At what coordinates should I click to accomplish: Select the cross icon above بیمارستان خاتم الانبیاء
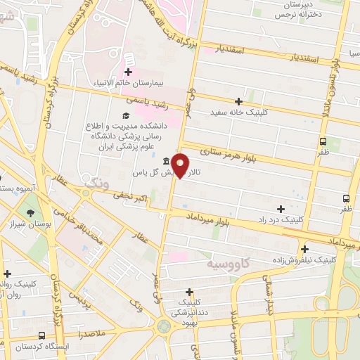pyautogui.click(x=129, y=72)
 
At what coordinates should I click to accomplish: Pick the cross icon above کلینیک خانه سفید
pyautogui.click(x=239, y=101)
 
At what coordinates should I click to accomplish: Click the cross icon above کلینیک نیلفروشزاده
pyautogui.click(x=304, y=249)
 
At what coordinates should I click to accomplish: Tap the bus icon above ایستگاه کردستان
pyautogui.click(x=43, y=336)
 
